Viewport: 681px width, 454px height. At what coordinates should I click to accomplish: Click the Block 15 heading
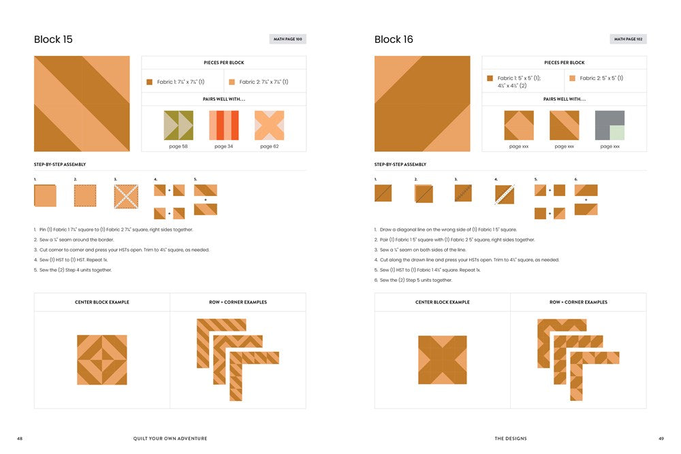tap(53, 39)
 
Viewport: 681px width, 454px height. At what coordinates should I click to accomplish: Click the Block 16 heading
tap(394, 39)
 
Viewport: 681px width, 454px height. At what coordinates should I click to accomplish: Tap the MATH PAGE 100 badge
tap(287, 39)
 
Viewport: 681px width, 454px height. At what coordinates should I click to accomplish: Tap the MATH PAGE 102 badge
tap(628, 39)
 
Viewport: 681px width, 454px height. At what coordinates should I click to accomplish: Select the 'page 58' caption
tap(178, 146)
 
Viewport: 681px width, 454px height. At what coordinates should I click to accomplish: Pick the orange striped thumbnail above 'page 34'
tap(223, 125)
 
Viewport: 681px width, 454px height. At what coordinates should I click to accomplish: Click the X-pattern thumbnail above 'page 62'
tap(269, 125)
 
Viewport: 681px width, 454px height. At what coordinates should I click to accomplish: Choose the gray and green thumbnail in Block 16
tap(609, 125)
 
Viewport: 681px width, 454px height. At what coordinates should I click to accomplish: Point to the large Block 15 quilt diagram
tap(82, 103)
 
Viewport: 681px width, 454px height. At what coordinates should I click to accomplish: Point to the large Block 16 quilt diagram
tap(422, 103)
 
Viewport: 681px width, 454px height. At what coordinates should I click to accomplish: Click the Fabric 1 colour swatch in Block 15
tap(149, 82)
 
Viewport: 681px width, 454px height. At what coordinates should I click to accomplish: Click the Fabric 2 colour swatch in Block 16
tap(572, 78)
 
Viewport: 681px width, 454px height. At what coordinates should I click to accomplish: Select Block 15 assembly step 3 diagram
tap(126, 196)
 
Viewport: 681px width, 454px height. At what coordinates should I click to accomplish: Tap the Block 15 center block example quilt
tap(102, 359)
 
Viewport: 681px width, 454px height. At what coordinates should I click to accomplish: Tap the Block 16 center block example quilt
tap(443, 360)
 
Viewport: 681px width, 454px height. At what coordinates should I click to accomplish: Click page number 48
tap(20, 438)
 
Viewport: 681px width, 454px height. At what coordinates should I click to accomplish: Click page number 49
tap(661, 438)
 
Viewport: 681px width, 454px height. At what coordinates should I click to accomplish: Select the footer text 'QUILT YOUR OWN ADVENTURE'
tap(170, 438)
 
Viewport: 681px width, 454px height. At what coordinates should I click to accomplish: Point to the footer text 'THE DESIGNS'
tap(511, 438)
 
